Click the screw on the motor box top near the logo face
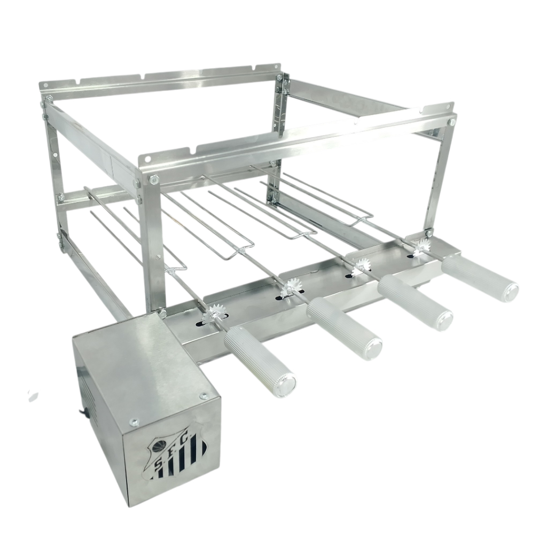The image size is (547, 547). click(133, 422)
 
